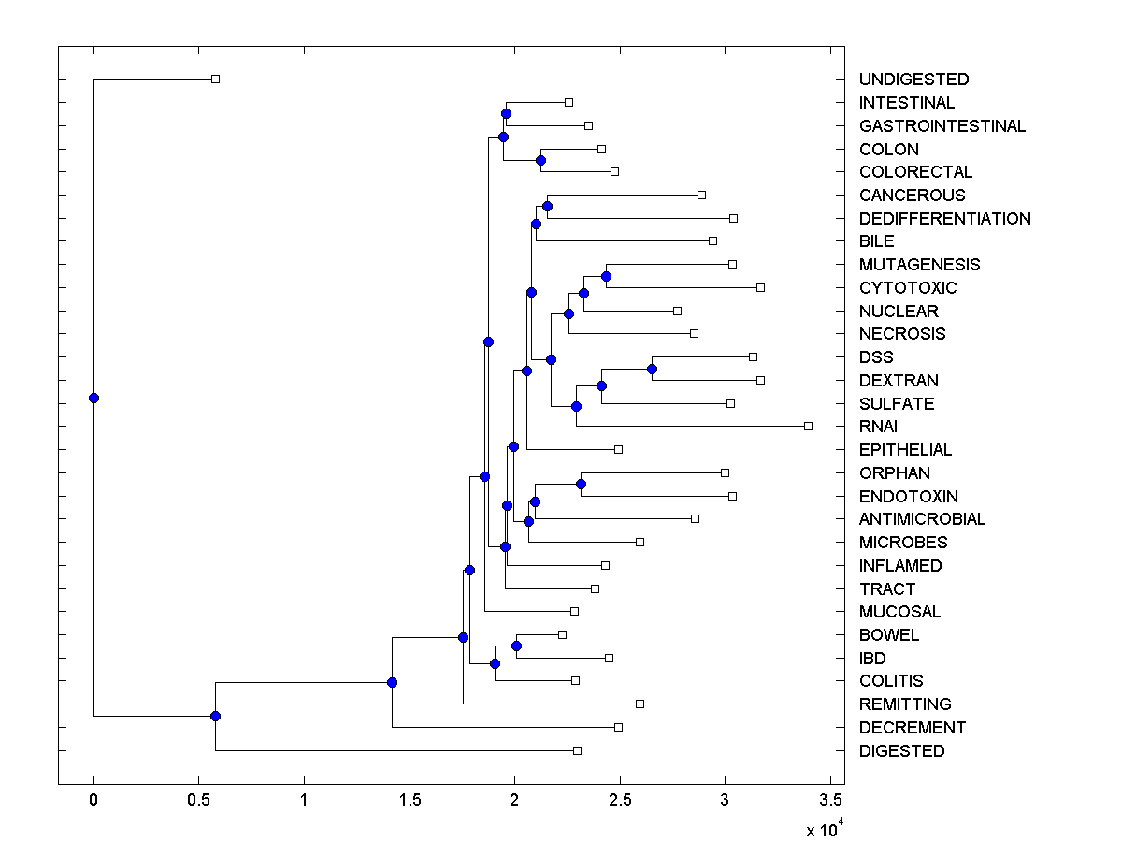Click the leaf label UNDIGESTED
(913, 80)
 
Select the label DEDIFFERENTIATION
(944, 219)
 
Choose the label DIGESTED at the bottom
(901, 751)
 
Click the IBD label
(872, 659)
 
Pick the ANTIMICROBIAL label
(922, 519)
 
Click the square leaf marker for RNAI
(808, 426)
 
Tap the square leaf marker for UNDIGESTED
(215, 79)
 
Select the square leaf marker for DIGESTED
(577, 750)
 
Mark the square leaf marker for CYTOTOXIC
(760, 287)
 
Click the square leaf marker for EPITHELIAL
(618, 449)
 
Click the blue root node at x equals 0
(93, 398)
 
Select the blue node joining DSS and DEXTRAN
(652, 369)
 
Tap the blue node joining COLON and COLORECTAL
(540, 160)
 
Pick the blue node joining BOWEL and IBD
(516, 646)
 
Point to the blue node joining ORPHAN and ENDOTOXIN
(581, 484)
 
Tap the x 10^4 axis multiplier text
(825, 829)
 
